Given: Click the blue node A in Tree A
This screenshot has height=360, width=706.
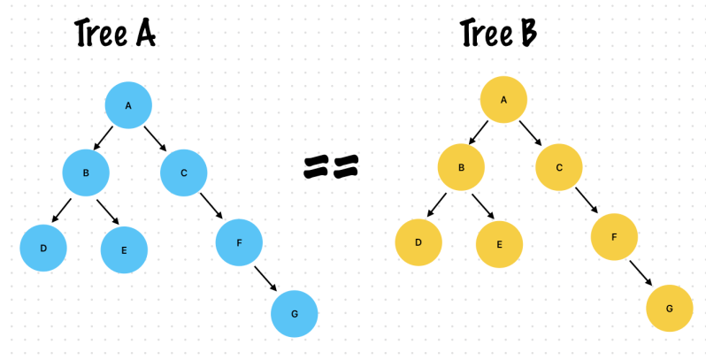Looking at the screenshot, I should pos(128,106).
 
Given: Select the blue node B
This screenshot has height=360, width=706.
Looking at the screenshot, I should pos(86,172).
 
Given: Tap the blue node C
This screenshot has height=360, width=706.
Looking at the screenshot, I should pos(183,172).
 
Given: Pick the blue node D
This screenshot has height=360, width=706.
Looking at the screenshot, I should pos(43,248).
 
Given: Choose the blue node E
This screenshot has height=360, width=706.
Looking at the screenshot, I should pos(124,249).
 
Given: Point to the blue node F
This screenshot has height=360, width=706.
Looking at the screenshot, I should pos(239,241).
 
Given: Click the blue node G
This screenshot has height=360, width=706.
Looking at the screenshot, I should pos(294,313).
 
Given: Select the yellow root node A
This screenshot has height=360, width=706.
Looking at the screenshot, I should pos(504,99).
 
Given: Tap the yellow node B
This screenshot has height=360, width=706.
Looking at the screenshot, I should pos(461,166).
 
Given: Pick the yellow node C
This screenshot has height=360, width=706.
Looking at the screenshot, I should pos(559,166).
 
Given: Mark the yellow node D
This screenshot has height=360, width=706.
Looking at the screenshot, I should pos(418,241).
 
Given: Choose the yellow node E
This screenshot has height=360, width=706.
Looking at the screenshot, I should pos(499,243).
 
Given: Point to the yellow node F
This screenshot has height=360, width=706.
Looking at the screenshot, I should pos(615,235).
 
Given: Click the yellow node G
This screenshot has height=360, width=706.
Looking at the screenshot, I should pos(669,308).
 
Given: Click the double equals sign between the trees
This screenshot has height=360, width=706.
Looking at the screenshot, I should pos(332,166).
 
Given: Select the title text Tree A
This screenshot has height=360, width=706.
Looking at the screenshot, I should pos(116,34).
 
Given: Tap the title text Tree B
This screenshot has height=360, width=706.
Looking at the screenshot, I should pos(499,34).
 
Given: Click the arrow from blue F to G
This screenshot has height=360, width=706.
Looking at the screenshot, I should pos(266,277).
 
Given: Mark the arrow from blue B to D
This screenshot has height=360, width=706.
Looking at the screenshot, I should pos(62,211).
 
